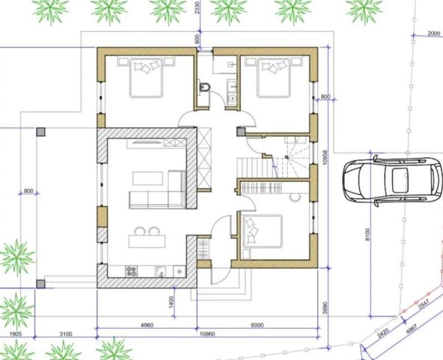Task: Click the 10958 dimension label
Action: tap(325, 157)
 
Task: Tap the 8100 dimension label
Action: tap(367, 234)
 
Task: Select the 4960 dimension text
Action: tap(147, 325)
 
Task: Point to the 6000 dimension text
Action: tap(257, 325)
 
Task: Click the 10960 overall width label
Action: tap(207, 334)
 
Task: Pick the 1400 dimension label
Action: tap(172, 302)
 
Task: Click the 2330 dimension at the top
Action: tap(197, 8)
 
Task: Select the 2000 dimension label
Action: tap(434, 33)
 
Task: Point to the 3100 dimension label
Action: tap(66, 334)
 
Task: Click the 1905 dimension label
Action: tap(16, 334)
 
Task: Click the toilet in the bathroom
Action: tap(204, 88)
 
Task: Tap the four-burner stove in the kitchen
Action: tap(130, 271)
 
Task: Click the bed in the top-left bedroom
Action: tap(146, 78)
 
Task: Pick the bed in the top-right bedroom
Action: tap(273, 78)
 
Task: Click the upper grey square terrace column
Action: tap(40, 132)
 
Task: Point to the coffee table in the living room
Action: tap(148, 178)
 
